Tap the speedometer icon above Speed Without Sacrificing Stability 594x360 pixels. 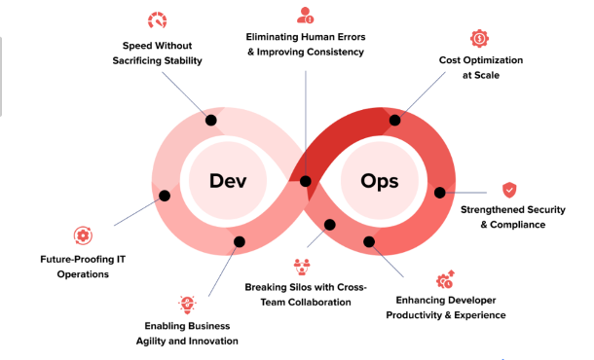pyautogui.click(x=157, y=19)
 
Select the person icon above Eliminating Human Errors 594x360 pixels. pyautogui.click(x=305, y=15)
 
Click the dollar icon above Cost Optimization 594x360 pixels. pyautogui.click(x=479, y=38)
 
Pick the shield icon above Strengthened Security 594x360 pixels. pyautogui.click(x=509, y=190)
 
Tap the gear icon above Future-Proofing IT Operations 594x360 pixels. pyautogui.click(x=83, y=234)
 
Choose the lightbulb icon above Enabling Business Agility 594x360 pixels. pyautogui.click(x=187, y=305)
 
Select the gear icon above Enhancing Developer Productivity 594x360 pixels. pyautogui.click(x=445, y=280)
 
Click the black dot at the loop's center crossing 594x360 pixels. pyautogui.click(x=306, y=181)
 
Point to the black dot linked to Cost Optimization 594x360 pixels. pyautogui.click(x=395, y=120)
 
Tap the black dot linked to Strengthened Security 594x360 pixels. pyautogui.click(x=439, y=193)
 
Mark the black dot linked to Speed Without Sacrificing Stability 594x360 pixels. pyautogui.click(x=209, y=120)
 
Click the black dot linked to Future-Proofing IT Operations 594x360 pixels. pyautogui.click(x=165, y=197)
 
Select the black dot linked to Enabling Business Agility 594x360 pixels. pyautogui.click(x=239, y=241)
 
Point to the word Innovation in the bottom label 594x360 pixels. pyautogui.click(x=211, y=341)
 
